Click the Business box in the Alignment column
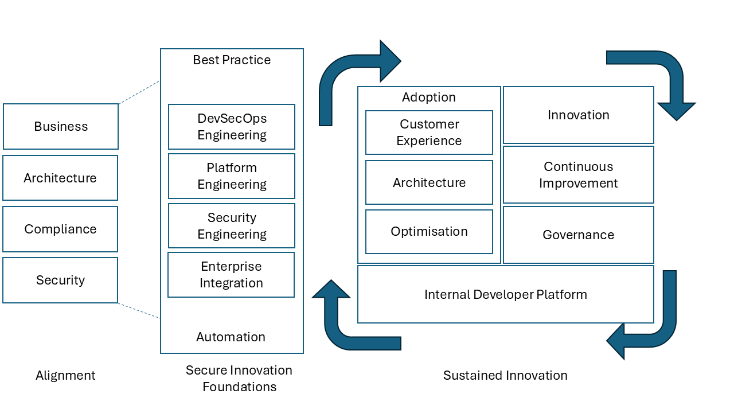click(x=61, y=127)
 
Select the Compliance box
click(x=60, y=229)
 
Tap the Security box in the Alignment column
click(x=60, y=280)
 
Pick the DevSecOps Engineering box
click(x=232, y=127)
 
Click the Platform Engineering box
click(x=232, y=176)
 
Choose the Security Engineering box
click(x=232, y=226)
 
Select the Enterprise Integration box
click(x=231, y=275)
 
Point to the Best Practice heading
click(x=232, y=60)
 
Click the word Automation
click(x=231, y=337)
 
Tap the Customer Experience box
click(x=429, y=133)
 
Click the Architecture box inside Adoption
click(x=429, y=182)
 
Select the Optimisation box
click(x=429, y=232)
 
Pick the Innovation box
click(x=579, y=115)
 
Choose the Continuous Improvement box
click(x=579, y=175)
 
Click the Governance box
click(x=579, y=235)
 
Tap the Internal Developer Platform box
click(x=506, y=295)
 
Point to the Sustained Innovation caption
click(x=505, y=376)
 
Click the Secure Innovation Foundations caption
click(x=239, y=379)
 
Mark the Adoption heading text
click(x=429, y=98)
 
